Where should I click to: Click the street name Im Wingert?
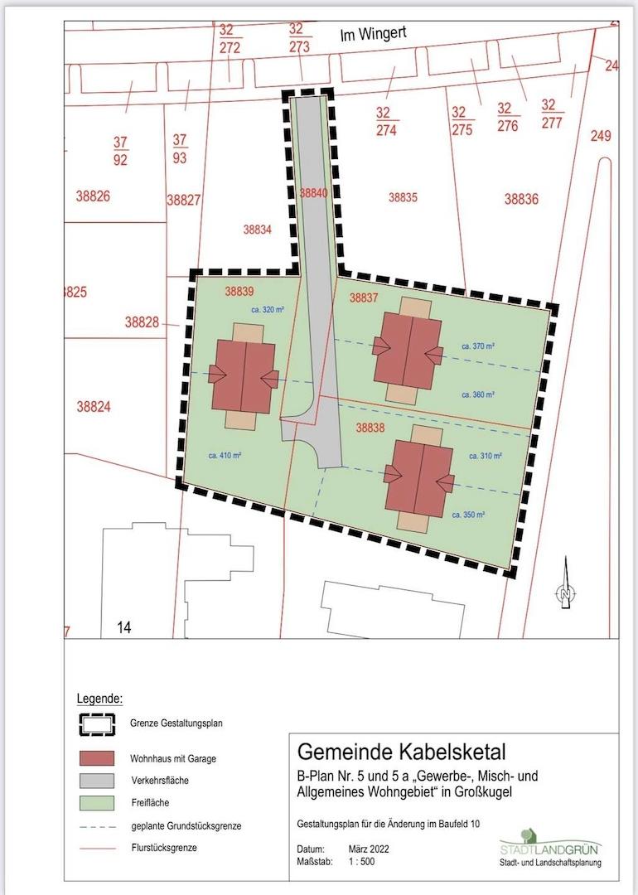(378, 35)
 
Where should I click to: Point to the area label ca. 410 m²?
(225, 455)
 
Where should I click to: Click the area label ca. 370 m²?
(478, 346)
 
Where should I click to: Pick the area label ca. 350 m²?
(469, 515)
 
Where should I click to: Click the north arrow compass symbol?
(564, 584)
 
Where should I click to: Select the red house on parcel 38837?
(407, 349)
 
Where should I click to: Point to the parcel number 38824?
(94, 407)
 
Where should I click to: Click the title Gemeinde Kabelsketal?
(401, 752)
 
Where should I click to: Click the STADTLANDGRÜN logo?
(550, 843)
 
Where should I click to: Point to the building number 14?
(124, 628)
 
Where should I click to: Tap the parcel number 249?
(601, 136)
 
